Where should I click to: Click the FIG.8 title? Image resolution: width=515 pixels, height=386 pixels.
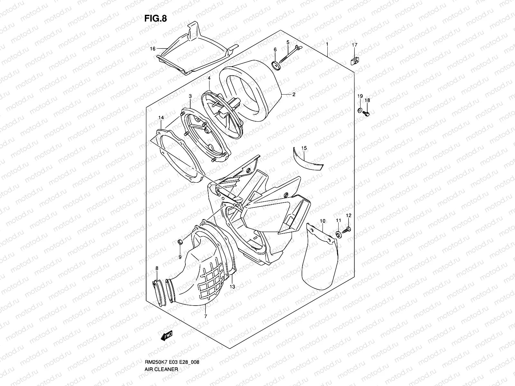point(155,18)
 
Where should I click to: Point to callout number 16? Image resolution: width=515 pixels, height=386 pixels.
point(153,49)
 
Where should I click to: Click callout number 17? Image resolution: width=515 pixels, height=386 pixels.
point(354,45)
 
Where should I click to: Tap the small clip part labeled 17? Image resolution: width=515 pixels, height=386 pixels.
point(355,59)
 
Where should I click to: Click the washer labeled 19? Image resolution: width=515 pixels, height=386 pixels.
point(359,111)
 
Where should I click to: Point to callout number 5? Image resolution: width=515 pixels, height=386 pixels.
point(288,42)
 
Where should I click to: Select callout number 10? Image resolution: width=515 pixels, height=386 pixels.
point(323,221)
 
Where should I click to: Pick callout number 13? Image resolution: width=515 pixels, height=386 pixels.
point(232,286)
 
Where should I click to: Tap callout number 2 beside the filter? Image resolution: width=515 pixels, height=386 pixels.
point(294,95)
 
